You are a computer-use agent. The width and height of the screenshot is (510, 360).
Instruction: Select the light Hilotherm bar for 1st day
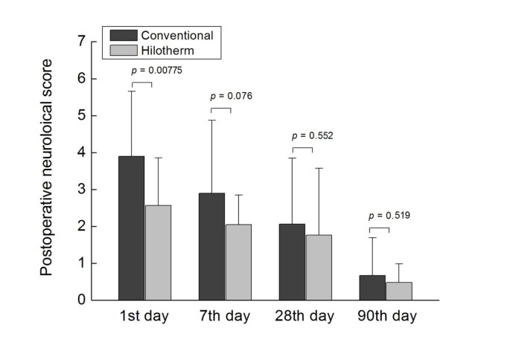[158, 253]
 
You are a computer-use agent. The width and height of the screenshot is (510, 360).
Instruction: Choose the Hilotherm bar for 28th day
[319, 268]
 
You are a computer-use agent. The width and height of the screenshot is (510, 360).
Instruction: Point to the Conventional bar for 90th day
[372, 288]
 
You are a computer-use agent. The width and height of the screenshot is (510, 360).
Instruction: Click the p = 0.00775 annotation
[156, 71]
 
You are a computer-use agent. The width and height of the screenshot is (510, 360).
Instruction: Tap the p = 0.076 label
[232, 96]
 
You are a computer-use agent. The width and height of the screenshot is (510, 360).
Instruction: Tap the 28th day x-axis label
[305, 316]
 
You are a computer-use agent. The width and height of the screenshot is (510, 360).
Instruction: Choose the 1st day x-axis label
[144, 316]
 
